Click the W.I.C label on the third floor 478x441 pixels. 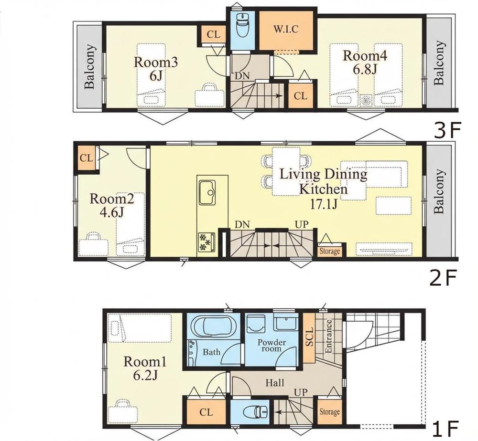(x=286, y=30)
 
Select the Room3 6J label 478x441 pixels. (x=156, y=69)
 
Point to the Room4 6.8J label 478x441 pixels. (x=365, y=63)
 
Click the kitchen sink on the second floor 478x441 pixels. (x=207, y=192)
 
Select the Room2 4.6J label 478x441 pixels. (x=111, y=205)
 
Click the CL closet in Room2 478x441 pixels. (x=86, y=158)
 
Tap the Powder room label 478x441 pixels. (x=272, y=346)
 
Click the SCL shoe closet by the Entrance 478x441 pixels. (x=309, y=337)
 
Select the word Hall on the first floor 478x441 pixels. (x=275, y=383)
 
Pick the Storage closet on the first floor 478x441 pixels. (x=329, y=412)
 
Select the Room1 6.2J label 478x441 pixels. (x=145, y=368)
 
